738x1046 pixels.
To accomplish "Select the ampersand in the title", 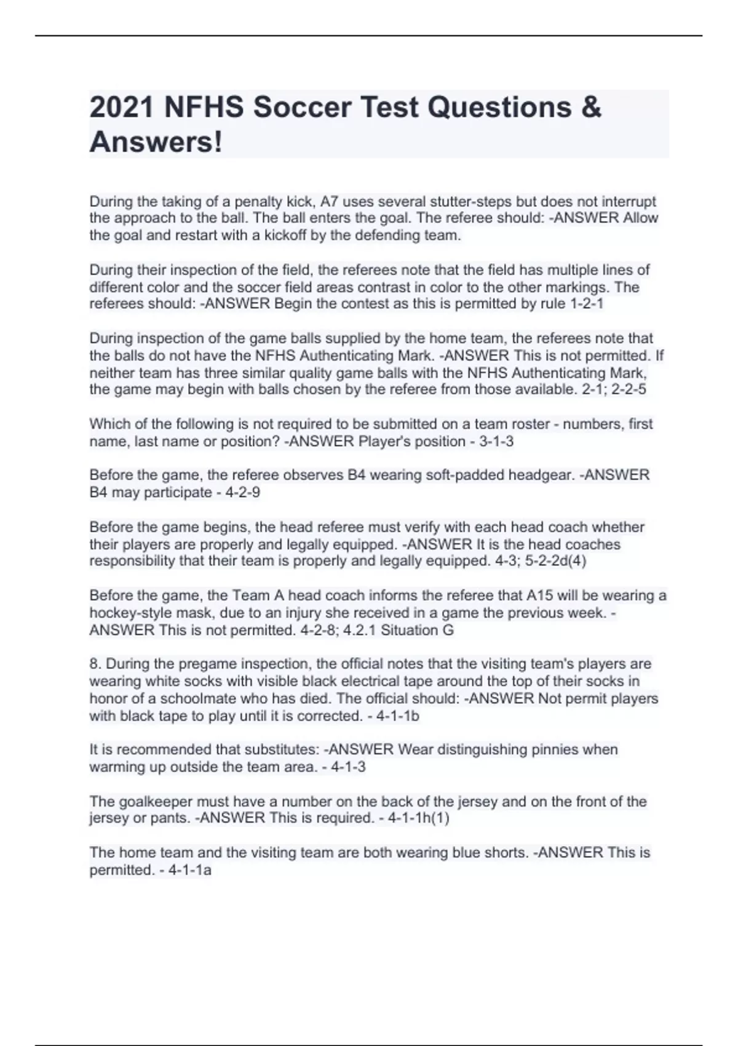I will click(590, 108).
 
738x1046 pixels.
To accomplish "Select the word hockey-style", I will click(127, 613).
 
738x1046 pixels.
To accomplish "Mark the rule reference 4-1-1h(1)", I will click(418, 818).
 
